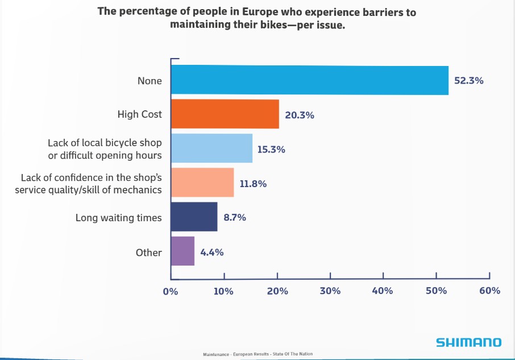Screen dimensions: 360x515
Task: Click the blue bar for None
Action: click(x=309, y=80)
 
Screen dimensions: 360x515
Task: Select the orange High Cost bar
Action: click(x=225, y=114)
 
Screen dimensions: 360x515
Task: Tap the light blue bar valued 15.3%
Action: click(x=211, y=148)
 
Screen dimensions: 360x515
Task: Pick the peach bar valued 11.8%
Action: click(x=202, y=183)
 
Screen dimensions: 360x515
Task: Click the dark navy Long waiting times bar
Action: click(x=194, y=217)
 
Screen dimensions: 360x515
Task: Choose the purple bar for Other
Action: click(x=182, y=251)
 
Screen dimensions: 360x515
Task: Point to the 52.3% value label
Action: click(x=468, y=81)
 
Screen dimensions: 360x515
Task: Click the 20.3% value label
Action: click(x=300, y=115)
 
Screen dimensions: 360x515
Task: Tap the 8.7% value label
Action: click(x=234, y=218)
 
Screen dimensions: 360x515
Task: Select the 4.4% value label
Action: click(x=212, y=252)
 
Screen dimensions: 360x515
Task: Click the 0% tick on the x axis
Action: click(x=171, y=291)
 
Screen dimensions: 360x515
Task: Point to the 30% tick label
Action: click(x=330, y=291)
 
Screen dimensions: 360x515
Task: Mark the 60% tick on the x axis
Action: click(x=489, y=291)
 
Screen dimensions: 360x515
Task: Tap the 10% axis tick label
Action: click(x=223, y=291)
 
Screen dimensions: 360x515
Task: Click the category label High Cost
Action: click(x=140, y=114)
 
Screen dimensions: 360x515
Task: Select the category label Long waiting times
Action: click(x=119, y=218)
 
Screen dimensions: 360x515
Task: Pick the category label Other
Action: click(x=149, y=253)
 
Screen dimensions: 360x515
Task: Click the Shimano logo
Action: click(x=469, y=342)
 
